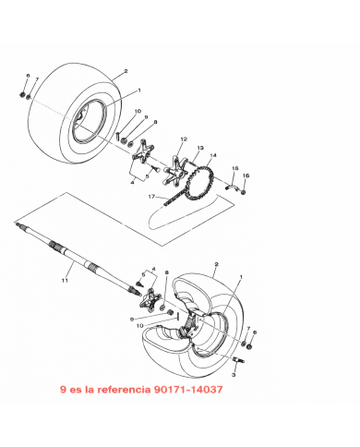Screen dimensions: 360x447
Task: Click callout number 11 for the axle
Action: (x=65, y=281)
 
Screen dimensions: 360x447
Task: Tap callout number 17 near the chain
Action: (x=151, y=197)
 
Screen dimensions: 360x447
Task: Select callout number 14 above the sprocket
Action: (x=213, y=155)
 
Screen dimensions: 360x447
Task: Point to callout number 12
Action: (x=184, y=139)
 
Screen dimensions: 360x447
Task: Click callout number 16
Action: (x=246, y=175)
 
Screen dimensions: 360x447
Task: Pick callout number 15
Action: (x=235, y=168)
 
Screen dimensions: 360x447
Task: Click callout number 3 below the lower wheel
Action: (x=234, y=375)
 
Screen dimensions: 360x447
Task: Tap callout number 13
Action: (x=200, y=148)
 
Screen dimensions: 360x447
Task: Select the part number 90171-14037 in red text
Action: (x=188, y=390)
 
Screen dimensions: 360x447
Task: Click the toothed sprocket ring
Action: (x=200, y=183)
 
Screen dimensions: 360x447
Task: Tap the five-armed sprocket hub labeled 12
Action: (x=176, y=170)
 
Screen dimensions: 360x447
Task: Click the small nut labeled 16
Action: (x=243, y=192)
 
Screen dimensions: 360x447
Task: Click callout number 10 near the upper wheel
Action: (x=138, y=111)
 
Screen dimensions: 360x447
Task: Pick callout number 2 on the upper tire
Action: (x=126, y=71)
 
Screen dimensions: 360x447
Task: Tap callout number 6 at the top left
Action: (x=28, y=76)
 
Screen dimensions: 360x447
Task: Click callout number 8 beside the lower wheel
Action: (x=167, y=272)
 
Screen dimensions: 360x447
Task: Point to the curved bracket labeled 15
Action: (x=231, y=187)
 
